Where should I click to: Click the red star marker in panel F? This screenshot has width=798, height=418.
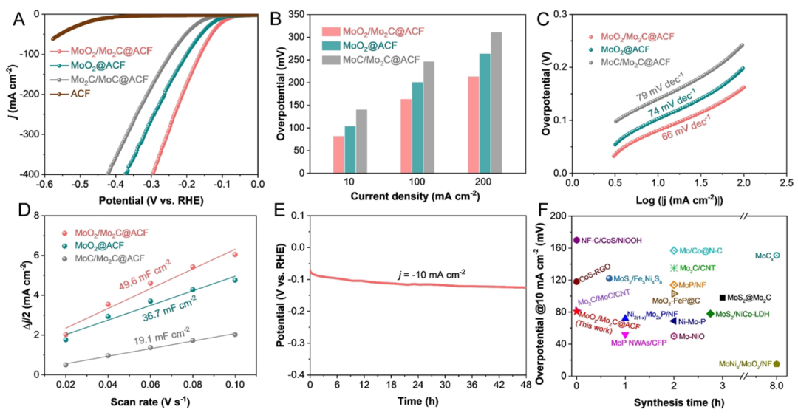(x=576, y=311)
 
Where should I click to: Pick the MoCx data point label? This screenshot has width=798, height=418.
(x=763, y=256)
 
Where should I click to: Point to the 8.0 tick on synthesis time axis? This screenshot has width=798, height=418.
(x=777, y=386)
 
